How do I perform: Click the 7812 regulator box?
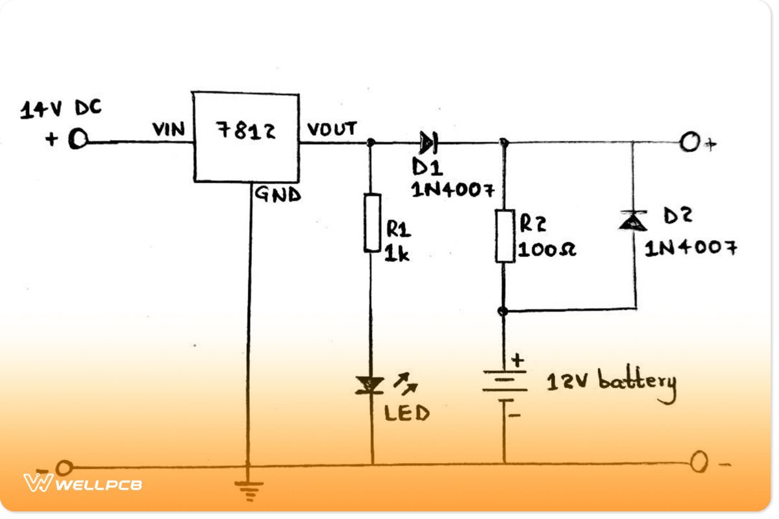(x=246, y=138)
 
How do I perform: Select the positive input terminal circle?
(x=78, y=139)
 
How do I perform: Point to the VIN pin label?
(x=169, y=130)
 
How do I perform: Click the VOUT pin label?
(x=332, y=129)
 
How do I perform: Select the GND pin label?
(x=277, y=194)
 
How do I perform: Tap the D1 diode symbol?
(x=428, y=140)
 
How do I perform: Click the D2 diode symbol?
(x=632, y=222)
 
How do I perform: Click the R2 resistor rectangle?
(x=505, y=235)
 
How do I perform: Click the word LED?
(x=406, y=413)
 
